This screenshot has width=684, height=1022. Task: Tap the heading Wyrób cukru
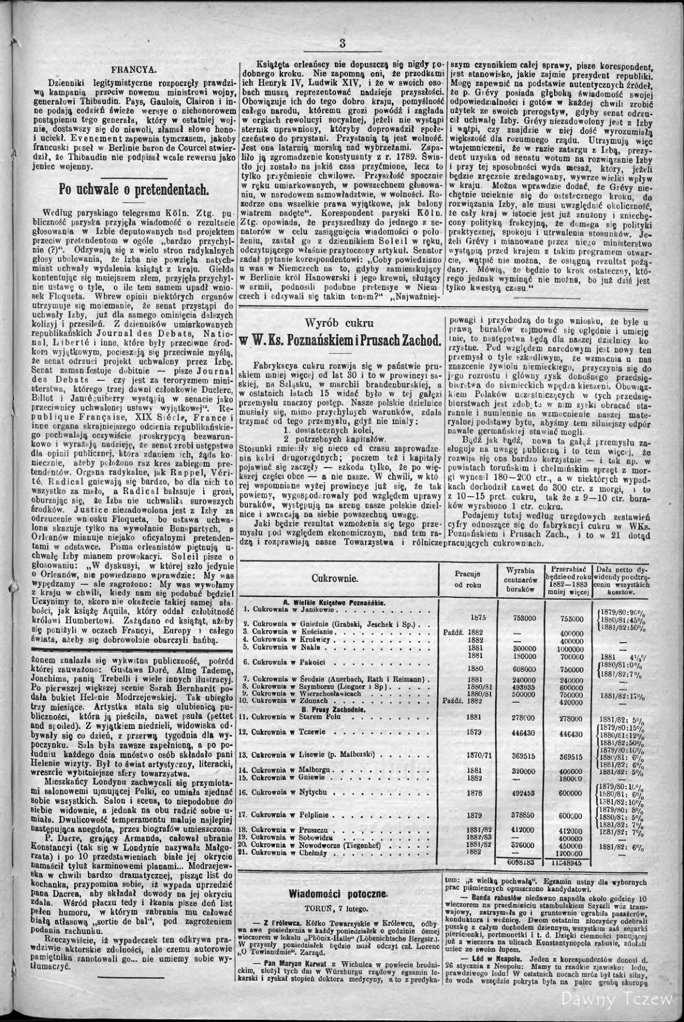click(339, 323)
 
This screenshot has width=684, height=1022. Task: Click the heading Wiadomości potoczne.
click(338, 893)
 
